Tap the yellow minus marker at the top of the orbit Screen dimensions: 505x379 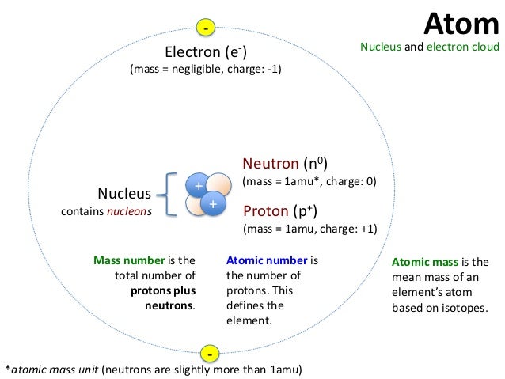click(206, 28)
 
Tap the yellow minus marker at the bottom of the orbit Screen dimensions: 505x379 click(210, 352)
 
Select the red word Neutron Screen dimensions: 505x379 click(270, 164)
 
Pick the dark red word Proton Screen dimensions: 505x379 click(265, 211)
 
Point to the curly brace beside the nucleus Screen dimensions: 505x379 click(168, 195)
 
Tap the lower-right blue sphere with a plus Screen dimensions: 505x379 click(213, 204)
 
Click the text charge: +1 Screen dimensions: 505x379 click(350, 229)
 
